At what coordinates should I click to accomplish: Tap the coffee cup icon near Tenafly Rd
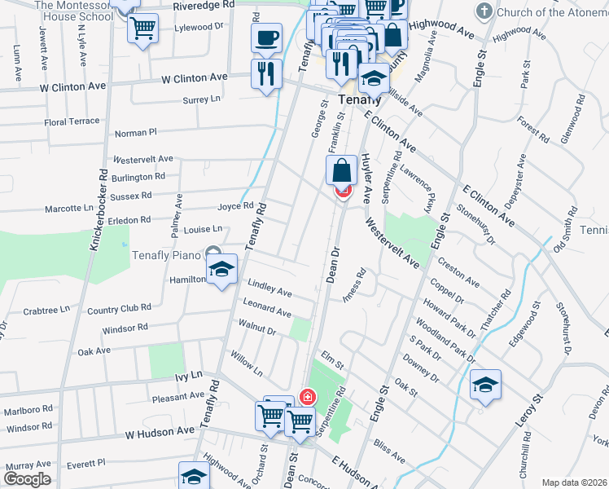pos(266,37)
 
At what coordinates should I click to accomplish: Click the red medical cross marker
pos(308,398)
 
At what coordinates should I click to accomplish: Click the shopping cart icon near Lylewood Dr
pos(143,29)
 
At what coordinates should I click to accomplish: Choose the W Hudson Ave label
pos(159,430)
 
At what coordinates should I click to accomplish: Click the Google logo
pos(28,479)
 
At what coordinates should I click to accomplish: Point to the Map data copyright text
pos(573,482)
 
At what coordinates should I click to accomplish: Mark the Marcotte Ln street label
pos(68,208)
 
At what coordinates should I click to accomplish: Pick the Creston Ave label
pos(458,271)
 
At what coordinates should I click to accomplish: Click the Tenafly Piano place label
pos(166,255)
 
